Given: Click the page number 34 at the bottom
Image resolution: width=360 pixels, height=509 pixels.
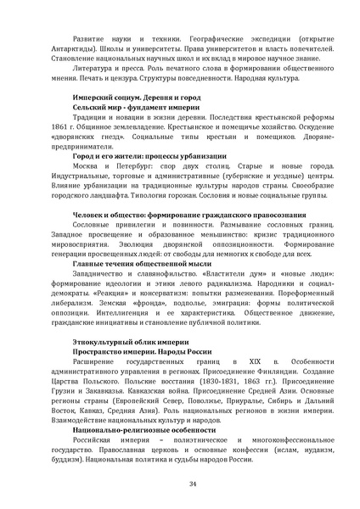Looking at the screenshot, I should click(x=180, y=484).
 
